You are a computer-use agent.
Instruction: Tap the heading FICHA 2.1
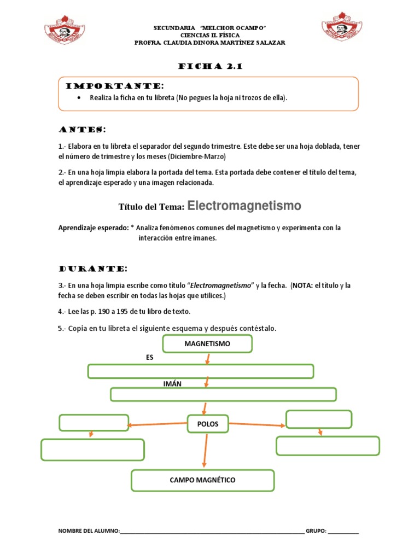click(210, 67)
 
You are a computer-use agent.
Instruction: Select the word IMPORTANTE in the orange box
click(114, 86)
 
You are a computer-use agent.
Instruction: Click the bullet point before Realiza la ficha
click(80, 98)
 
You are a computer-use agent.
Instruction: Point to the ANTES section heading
click(82, 130)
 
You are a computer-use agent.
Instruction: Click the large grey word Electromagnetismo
click(244, 206)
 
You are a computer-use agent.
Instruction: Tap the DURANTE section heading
click(93, 269)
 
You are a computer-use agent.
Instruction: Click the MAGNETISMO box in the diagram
click(207, 344)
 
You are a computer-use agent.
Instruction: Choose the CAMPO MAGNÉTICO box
click(202, 480)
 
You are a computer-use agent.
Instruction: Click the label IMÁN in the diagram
click(172, 384)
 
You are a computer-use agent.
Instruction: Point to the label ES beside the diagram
click(150, 357)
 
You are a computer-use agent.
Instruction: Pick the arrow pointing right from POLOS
click(257, 423)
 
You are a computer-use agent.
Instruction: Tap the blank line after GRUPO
click(343, 532)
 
